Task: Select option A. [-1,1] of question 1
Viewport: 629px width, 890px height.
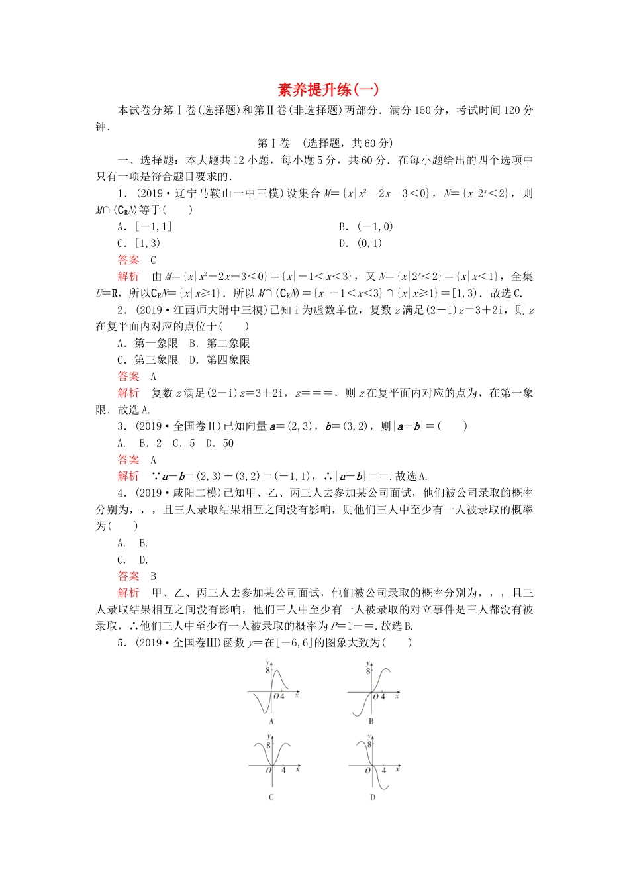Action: click(144, 226)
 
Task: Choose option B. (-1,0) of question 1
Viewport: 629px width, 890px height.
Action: click(365, 226)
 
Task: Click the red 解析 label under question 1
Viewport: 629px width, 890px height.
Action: click(128, 277)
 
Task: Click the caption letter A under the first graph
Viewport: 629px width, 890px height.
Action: click(271, 722)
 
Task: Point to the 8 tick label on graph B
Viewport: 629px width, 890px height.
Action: click(368, 671)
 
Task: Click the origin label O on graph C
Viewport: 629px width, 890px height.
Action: click(268, 771)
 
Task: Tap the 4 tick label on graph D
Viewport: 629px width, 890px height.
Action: click(384, 771)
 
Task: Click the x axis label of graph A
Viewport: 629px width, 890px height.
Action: click(297, 695)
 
